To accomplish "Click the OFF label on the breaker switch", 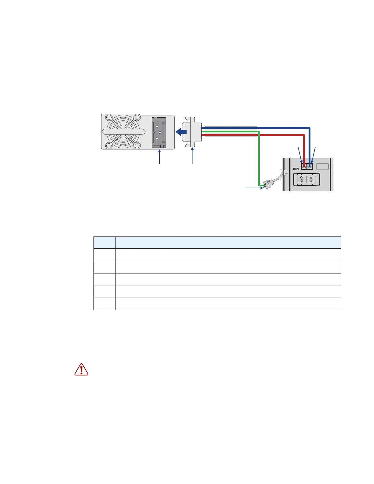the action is (x=301, y=179).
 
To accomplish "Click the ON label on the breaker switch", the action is (x=311, y=179).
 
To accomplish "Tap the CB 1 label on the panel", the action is (x=295, y=169).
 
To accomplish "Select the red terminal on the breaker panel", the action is (x=304, y=167).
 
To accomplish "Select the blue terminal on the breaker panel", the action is (x=310, y=167).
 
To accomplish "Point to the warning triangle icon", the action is (x=81, y=369).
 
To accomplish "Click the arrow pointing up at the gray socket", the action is (x=159, y=157).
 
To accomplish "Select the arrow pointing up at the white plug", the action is (x=192, y=156).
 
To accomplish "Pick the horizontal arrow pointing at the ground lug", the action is (x=254, y=188).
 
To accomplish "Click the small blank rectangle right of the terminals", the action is (x=323, y=167).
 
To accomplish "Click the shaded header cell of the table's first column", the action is (x=105, y=243).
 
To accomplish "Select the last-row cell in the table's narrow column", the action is (x=105, y=304).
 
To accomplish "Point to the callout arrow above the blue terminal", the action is (x=313, y=155).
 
